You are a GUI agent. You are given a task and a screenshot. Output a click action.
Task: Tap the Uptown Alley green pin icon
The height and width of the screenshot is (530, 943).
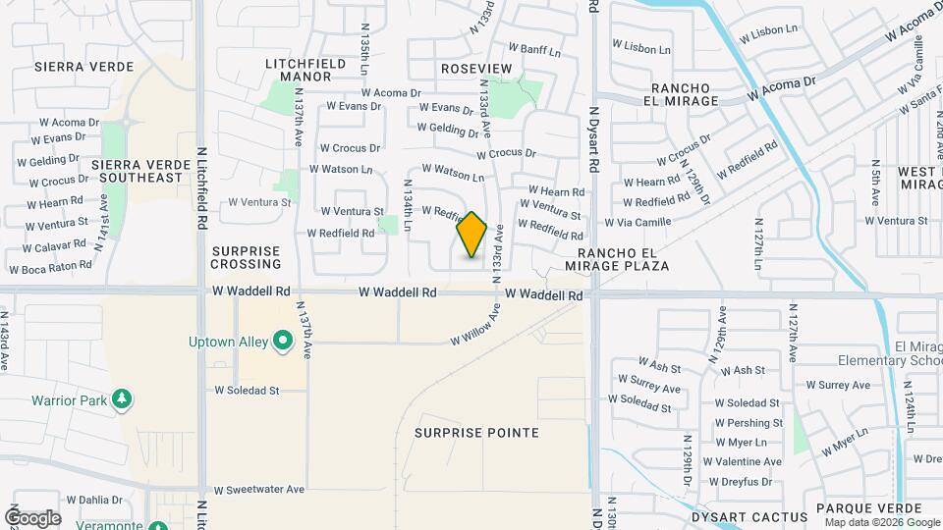[x=284, y=343]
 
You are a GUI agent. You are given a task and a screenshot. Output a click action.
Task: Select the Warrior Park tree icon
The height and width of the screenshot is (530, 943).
[x=122, y=399]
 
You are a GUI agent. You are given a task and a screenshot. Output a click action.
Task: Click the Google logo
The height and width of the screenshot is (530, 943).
[x=32, y=517]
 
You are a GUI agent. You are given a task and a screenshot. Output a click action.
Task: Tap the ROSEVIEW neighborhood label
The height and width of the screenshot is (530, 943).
[x=476, y=68]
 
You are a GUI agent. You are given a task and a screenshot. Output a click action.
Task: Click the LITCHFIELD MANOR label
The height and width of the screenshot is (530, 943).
[x=305, y=69]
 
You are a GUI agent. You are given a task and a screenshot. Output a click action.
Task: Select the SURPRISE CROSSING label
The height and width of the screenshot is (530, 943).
[x=246, y=257]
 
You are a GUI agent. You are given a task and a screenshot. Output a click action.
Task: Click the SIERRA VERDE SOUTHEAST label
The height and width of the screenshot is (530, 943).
[x=138, y=171]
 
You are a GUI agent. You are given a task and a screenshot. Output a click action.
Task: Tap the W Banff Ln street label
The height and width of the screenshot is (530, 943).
[x=534, y=49]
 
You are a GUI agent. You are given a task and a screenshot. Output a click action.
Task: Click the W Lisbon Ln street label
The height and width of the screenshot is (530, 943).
[x=641, y=46]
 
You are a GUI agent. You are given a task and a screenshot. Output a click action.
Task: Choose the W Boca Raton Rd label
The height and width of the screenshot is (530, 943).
[x=50, y=267]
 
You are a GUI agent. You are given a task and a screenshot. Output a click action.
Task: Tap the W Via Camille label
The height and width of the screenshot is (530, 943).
[x=638, y=223]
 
